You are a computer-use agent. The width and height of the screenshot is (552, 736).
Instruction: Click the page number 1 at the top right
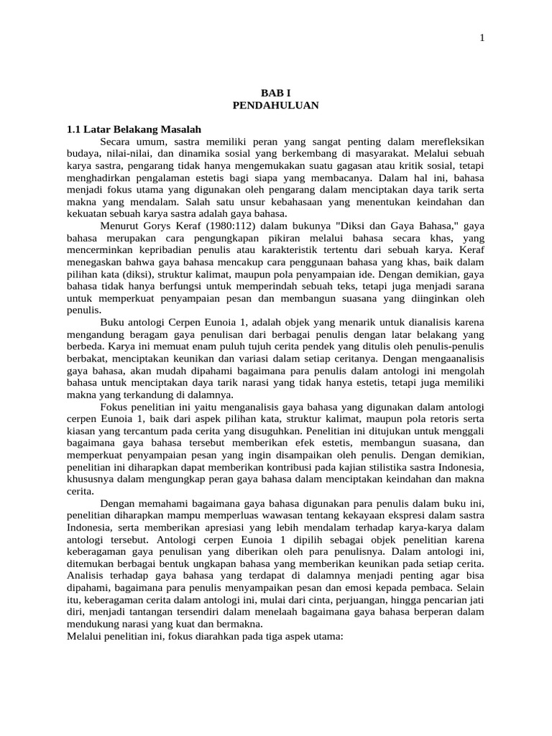coord(482,39)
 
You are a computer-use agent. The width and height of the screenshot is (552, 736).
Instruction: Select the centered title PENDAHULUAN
coord(275,105)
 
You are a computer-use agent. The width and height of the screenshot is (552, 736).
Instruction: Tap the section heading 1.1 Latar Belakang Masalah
coord(134,129)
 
